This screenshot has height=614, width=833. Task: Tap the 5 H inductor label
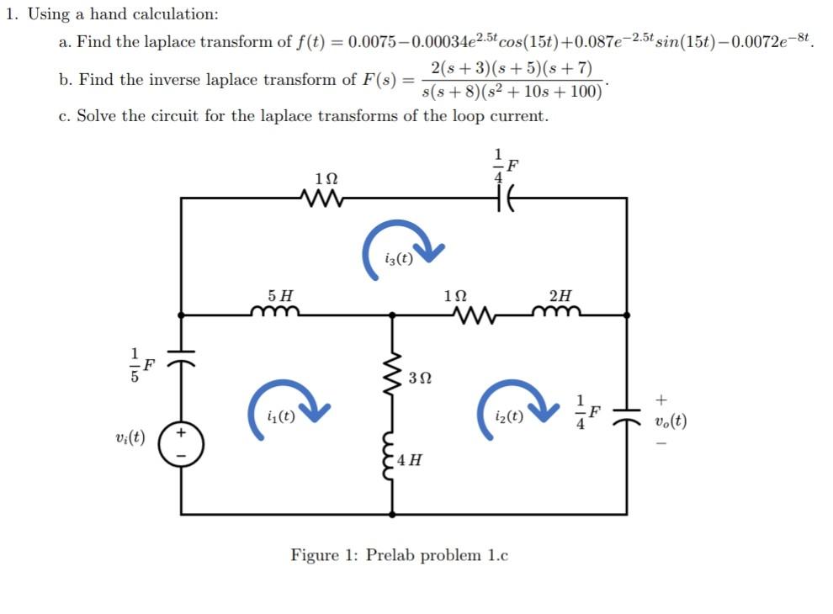(280, 296)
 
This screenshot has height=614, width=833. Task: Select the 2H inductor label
(560, 296)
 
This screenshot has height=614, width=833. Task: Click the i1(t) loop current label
(279, 416)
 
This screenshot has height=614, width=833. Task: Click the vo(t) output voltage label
(669, 421)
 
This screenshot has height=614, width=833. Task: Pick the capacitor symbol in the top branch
(504, 198)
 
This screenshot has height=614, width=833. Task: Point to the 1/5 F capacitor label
(141, 364)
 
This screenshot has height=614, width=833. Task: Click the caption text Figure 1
(400, 555)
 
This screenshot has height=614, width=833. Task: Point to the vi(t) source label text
(130, 437)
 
